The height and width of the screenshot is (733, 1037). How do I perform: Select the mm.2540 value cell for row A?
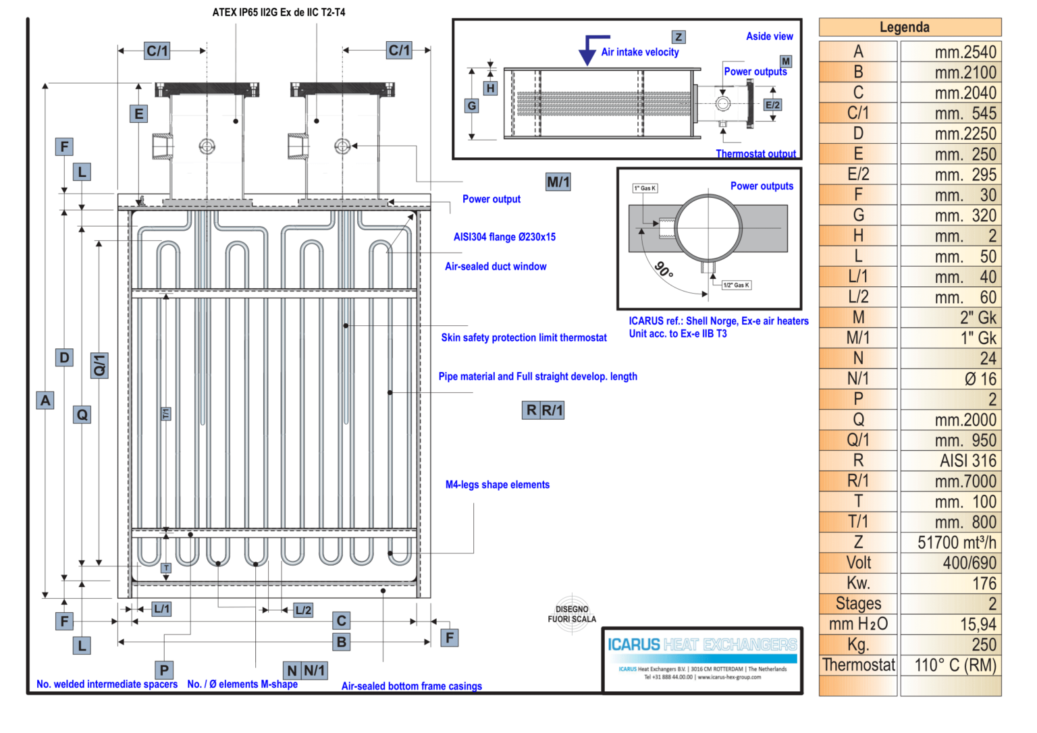click(x=951, y=52)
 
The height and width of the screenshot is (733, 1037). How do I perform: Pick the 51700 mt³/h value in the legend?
click(x=951, y=543)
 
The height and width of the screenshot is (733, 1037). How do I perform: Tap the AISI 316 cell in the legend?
click(x=951, y=461)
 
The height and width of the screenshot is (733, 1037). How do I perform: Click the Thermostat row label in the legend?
click(x=858, y=666)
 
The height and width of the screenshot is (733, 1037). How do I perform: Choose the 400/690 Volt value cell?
click(x=951, y=563)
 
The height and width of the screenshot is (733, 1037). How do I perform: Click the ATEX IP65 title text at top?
click(x=278, y=12)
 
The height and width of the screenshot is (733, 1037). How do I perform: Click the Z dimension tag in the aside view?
click(x=679, y=37)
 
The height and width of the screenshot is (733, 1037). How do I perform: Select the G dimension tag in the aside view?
click(x=472, y=106)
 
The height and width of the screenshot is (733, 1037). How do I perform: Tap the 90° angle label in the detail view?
click(x=664, y=270)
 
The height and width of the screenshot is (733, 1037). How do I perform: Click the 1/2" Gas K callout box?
click(x=736, y=286)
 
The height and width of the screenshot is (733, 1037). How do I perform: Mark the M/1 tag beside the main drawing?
click(x=558, y=182)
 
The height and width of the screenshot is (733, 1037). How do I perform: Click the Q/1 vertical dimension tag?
click(x=99, y=365)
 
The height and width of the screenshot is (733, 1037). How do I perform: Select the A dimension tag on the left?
click(x=45, y=400)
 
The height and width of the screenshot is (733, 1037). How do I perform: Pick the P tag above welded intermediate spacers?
click(x=164, y=670)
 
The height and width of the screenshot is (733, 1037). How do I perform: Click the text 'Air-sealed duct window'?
click(x=496, y=267)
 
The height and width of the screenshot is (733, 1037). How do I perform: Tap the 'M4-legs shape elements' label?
click(x=497, y=485)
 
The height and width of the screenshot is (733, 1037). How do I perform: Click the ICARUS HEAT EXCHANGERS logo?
click(x=702, y=645)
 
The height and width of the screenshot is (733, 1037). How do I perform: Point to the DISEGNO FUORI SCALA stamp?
click(x=572, y=614)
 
